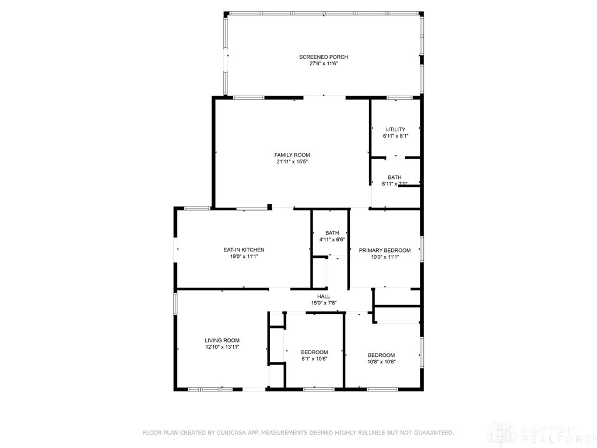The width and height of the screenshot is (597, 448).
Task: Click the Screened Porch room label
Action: click(324, 57)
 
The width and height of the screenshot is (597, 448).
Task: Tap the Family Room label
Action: click(292, 155)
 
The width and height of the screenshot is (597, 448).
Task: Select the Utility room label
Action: click(395, 129)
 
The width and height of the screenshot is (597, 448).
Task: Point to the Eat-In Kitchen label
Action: click(244, 250)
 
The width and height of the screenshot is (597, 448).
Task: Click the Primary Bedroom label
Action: click(384, 250)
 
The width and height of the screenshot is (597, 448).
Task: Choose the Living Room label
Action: click(222, 341)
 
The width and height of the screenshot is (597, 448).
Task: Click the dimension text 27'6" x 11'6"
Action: click(324, 64)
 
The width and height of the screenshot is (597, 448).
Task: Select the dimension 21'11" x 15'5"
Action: click(292, 162)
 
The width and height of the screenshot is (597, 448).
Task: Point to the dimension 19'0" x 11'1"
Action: click(244, 257)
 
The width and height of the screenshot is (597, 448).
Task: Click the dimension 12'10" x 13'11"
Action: click(222, 347)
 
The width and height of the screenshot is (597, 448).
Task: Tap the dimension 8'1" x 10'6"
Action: click(314, 359)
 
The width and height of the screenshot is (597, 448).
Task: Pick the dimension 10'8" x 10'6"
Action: click(381, 362)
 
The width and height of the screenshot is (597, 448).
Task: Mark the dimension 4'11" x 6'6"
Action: click(332, 240)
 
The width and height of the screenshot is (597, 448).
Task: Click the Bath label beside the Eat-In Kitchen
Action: click(332, 233)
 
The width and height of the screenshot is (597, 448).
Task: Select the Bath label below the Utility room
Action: click(395, 177)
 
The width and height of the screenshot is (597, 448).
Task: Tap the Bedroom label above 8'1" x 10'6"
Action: click(314, 352)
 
